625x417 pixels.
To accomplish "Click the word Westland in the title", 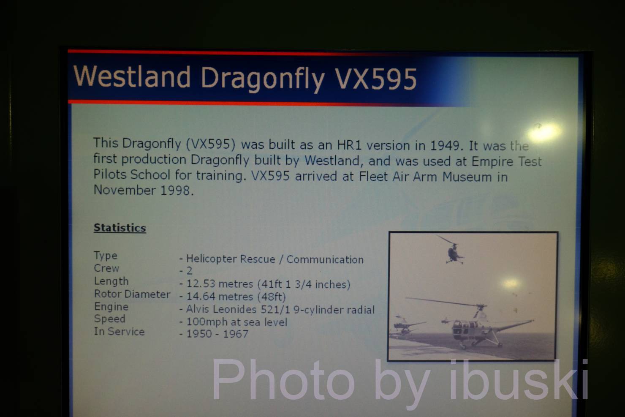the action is [x=132, y=76].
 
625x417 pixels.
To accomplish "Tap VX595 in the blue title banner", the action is [x=375, y=79].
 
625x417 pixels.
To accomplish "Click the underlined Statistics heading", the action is [x=120, y=228].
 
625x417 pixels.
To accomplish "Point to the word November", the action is [x=125, y=190].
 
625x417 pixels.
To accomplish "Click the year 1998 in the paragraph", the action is [x=175, y=191].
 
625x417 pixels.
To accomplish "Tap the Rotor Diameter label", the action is [x=132, y=294].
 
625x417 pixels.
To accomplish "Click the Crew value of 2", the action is [x=189, y=271].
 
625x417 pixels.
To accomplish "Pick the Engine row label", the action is [x=111, y=307].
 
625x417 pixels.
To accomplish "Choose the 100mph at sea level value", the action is [x=236, y=322].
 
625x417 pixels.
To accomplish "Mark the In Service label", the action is [x=119, y=332].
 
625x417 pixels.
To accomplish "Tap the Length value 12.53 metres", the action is [x=219, y=284].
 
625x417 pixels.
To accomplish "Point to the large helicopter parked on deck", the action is [x=472, y=324].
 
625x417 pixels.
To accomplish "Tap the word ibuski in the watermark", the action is [x=519, y=381].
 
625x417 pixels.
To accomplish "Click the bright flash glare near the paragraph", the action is [x=543, y=132].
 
